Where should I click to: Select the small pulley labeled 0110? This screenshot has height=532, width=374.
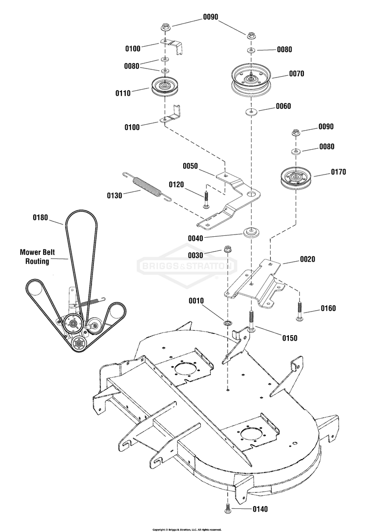[x=165, y=87]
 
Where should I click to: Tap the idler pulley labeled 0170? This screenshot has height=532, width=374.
[x=296, y=178]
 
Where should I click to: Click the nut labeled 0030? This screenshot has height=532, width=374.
[x=228, y=250]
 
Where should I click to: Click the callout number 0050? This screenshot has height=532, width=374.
[x=190, y=166]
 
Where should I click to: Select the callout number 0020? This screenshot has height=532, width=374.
[x=307, y=259]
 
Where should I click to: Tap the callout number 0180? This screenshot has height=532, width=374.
[x=40, y=218]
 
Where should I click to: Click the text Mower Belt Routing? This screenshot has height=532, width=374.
[x=37, y=257]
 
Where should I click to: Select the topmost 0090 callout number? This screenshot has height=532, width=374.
[x=210, y=17]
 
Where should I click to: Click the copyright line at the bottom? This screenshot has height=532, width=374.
[x=187, y=529]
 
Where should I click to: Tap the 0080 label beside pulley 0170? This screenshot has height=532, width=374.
[x=326, y=146]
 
